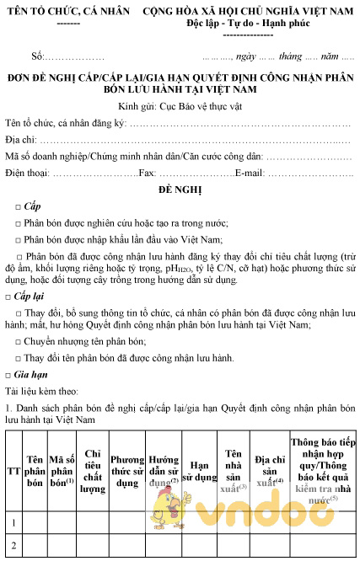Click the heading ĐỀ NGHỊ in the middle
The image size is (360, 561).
[180, 190]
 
